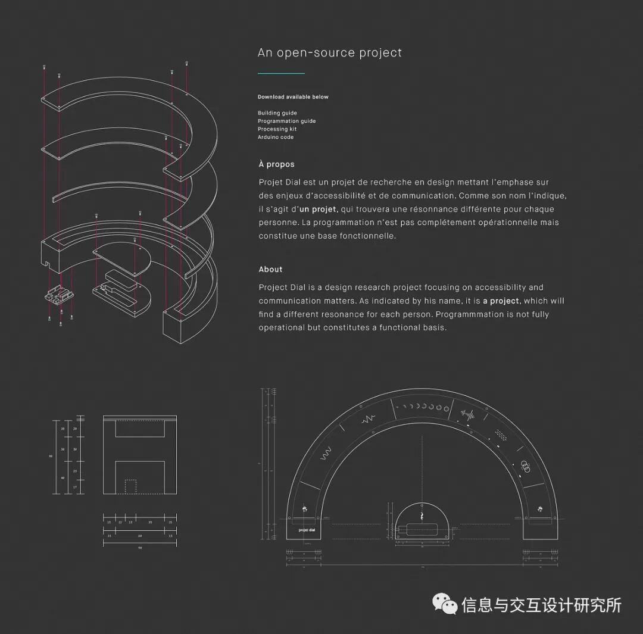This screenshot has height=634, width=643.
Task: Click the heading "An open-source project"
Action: click(x=329, y=52)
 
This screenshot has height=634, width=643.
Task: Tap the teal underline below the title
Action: click(x=281, y=73)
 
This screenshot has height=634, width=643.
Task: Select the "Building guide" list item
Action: click(x=277, y=113)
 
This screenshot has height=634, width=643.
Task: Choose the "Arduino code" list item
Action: click(x=275, y=137)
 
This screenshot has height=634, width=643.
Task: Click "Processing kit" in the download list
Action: click(x=277, y=129)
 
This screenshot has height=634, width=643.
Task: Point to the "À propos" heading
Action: click(x=276, y=164)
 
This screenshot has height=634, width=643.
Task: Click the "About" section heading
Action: click(x=270, y=270)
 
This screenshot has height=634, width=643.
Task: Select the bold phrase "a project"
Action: click(x=501, y=301)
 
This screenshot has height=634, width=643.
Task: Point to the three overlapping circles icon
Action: click(x=526, y=464)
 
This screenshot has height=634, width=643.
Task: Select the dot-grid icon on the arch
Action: click(x=501, y=436)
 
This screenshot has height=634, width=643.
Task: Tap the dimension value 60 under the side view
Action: click(x=140, y=536)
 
